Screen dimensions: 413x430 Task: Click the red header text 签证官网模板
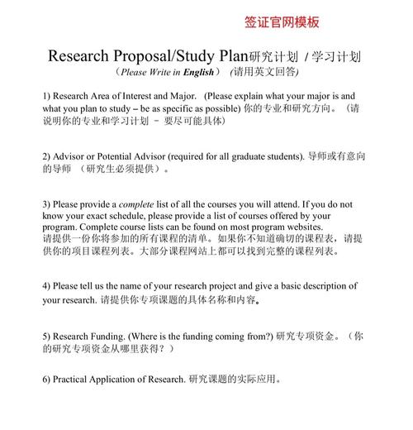tap(282, 22)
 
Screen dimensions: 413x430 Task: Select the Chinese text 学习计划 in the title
tap(336, 57)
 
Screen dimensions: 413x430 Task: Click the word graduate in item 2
tap(249, 155)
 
